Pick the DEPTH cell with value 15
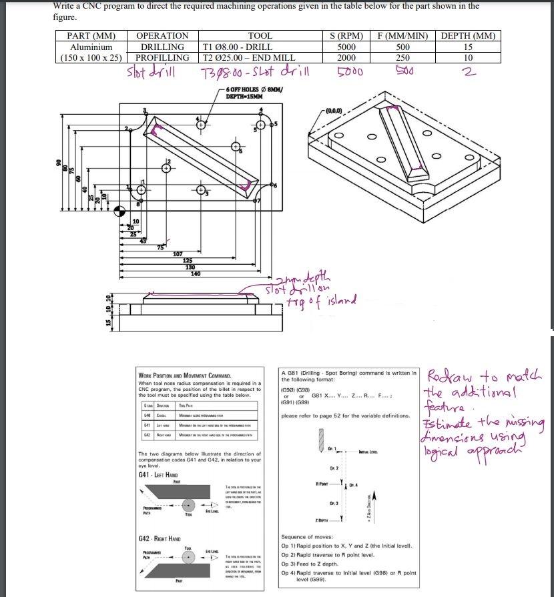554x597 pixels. [x=468, y=47]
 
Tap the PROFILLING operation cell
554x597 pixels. [x=162, y=58]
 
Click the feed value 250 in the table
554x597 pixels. [x=403, y=58]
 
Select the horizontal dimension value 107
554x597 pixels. [x=178, y=254]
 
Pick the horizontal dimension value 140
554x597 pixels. [x=196, y=273]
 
